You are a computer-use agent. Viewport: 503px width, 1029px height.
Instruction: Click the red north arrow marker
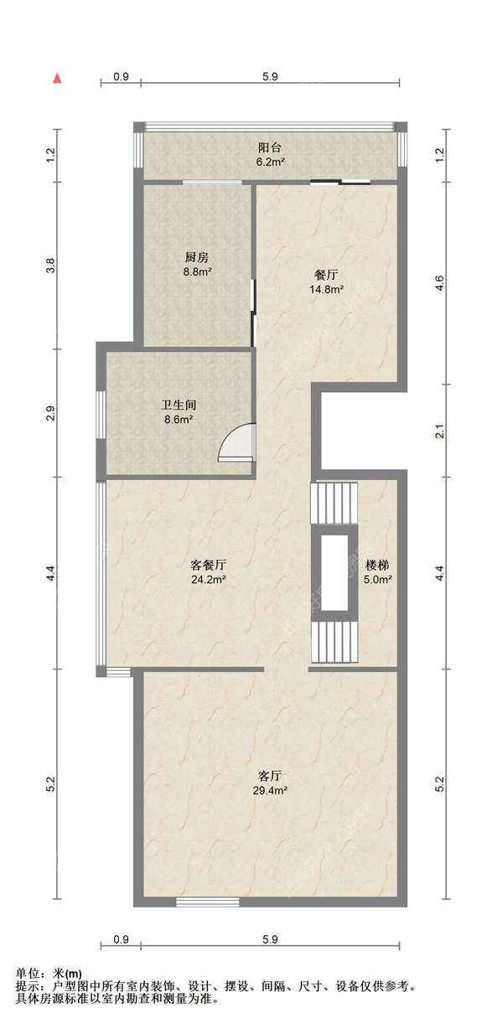57,78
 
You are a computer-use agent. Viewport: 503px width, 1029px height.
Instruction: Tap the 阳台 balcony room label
270,147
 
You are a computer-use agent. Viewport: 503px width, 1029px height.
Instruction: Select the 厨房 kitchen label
197,257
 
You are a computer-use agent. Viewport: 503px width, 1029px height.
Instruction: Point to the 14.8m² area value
326,289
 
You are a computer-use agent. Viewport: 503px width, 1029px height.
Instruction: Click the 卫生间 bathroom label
179,406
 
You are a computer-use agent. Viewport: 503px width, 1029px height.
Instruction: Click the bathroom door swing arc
230,437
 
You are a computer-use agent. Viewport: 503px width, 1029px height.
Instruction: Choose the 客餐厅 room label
208,565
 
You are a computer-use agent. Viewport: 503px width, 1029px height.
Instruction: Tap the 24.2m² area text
208,579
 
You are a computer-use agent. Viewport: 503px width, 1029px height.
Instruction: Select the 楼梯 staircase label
377,565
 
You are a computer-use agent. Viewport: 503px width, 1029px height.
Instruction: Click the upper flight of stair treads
334,503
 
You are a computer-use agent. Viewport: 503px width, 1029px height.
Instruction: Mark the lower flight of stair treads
334,642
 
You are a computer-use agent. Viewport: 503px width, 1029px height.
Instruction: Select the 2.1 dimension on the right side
440,432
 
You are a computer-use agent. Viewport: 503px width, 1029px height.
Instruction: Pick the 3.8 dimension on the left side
51,266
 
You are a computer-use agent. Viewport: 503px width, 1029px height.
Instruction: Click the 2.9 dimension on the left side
51,413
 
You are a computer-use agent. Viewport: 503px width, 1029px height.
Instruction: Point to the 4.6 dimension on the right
440,283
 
